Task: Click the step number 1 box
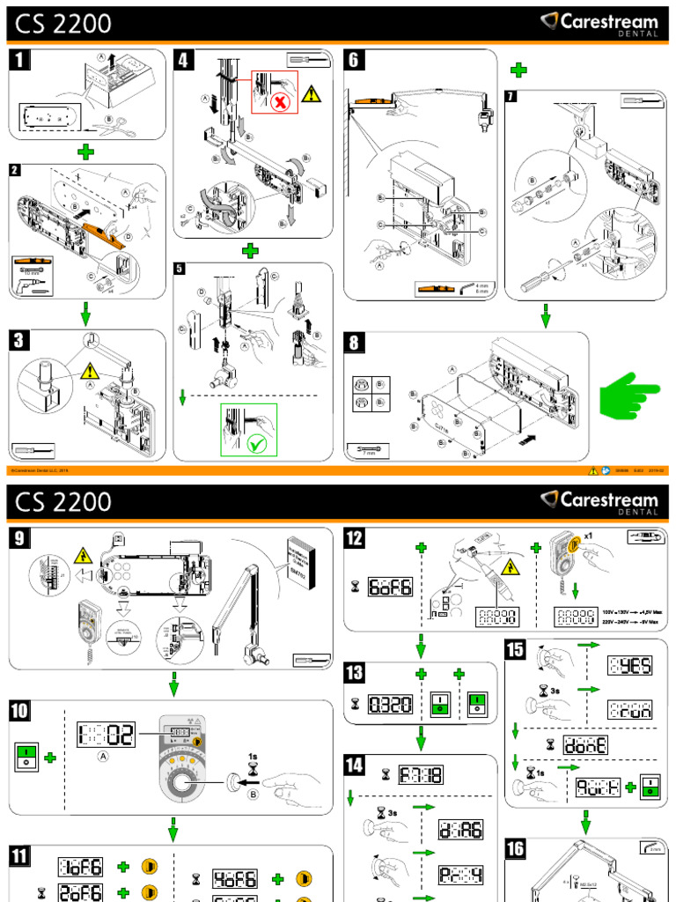point(20,61)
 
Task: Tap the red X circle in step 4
point(282,102)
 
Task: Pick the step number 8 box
point(355,344)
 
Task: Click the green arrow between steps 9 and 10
point(174,684)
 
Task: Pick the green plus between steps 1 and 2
point(85,152)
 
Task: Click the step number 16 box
point(517,849)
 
